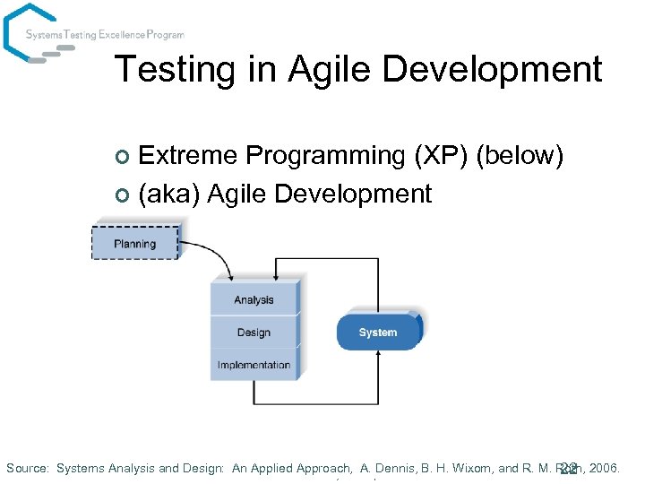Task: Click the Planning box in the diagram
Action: point(135,243)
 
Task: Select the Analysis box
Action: point(254,299)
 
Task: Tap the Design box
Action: point(254,333)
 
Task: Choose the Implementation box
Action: point(254,365)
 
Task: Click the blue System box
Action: point(378,333)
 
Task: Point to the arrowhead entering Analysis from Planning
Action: point(230,275)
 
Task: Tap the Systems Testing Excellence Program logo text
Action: point(105,35)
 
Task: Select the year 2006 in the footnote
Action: point(605,468)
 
